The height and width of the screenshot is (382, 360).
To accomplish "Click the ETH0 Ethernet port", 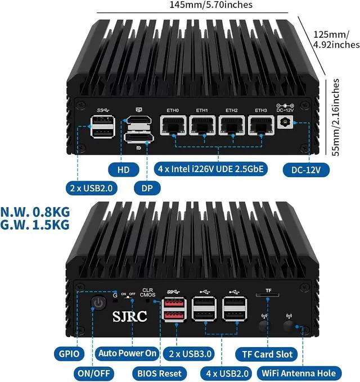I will click(173, 127).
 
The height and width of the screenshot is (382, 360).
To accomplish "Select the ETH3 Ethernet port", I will click(260, 127).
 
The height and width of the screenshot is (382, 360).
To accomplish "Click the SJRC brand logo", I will click(129, 316).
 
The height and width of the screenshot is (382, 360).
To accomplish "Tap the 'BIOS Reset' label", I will click(160, 373).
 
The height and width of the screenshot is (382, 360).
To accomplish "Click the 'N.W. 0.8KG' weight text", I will click(35, 213).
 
